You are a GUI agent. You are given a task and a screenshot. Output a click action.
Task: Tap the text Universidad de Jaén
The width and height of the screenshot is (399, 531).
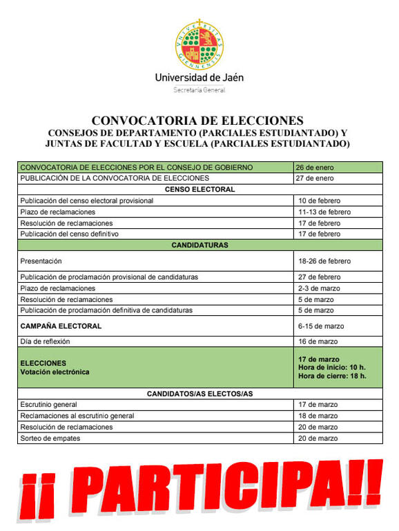tap(199, 78)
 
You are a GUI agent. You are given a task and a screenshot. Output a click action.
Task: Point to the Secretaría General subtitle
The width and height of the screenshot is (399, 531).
tap(199, 90)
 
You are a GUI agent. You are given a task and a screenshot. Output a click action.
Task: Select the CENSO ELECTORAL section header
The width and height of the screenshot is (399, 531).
tap(199, 190)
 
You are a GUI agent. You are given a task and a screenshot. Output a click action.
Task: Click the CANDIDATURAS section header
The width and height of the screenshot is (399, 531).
tap(199, 245)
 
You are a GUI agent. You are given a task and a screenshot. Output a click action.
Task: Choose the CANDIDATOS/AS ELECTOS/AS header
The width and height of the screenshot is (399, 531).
tap(199, 393)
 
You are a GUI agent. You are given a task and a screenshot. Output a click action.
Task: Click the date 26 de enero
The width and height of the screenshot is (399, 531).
tap(315, 168)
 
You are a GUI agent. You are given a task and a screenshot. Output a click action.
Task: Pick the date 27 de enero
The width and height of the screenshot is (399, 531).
tap(315, 179)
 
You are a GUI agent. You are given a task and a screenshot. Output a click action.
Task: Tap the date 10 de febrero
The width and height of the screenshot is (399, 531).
tap(318, 201)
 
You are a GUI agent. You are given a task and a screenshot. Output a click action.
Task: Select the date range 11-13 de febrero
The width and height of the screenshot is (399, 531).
tap(324, 212)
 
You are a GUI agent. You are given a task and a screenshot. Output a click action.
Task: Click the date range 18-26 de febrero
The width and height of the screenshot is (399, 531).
tap(324, 261)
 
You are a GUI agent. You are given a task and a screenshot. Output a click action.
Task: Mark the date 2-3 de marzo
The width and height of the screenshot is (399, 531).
tap(318, 288)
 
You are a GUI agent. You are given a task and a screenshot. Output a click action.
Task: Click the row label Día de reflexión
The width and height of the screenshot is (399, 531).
tap(46, 341)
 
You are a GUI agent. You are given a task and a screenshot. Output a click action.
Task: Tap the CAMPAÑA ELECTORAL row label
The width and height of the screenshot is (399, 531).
tap(61, 325)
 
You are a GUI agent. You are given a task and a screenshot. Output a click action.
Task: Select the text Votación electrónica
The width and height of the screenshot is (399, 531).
tap(55, 372)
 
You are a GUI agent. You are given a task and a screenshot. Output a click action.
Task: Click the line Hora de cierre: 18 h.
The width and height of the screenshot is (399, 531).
tap(332, 377)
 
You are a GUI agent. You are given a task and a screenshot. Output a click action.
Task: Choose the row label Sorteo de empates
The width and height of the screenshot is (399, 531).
tap(50, 439)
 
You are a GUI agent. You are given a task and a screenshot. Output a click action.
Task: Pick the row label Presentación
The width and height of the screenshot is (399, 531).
tap(41, 261)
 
